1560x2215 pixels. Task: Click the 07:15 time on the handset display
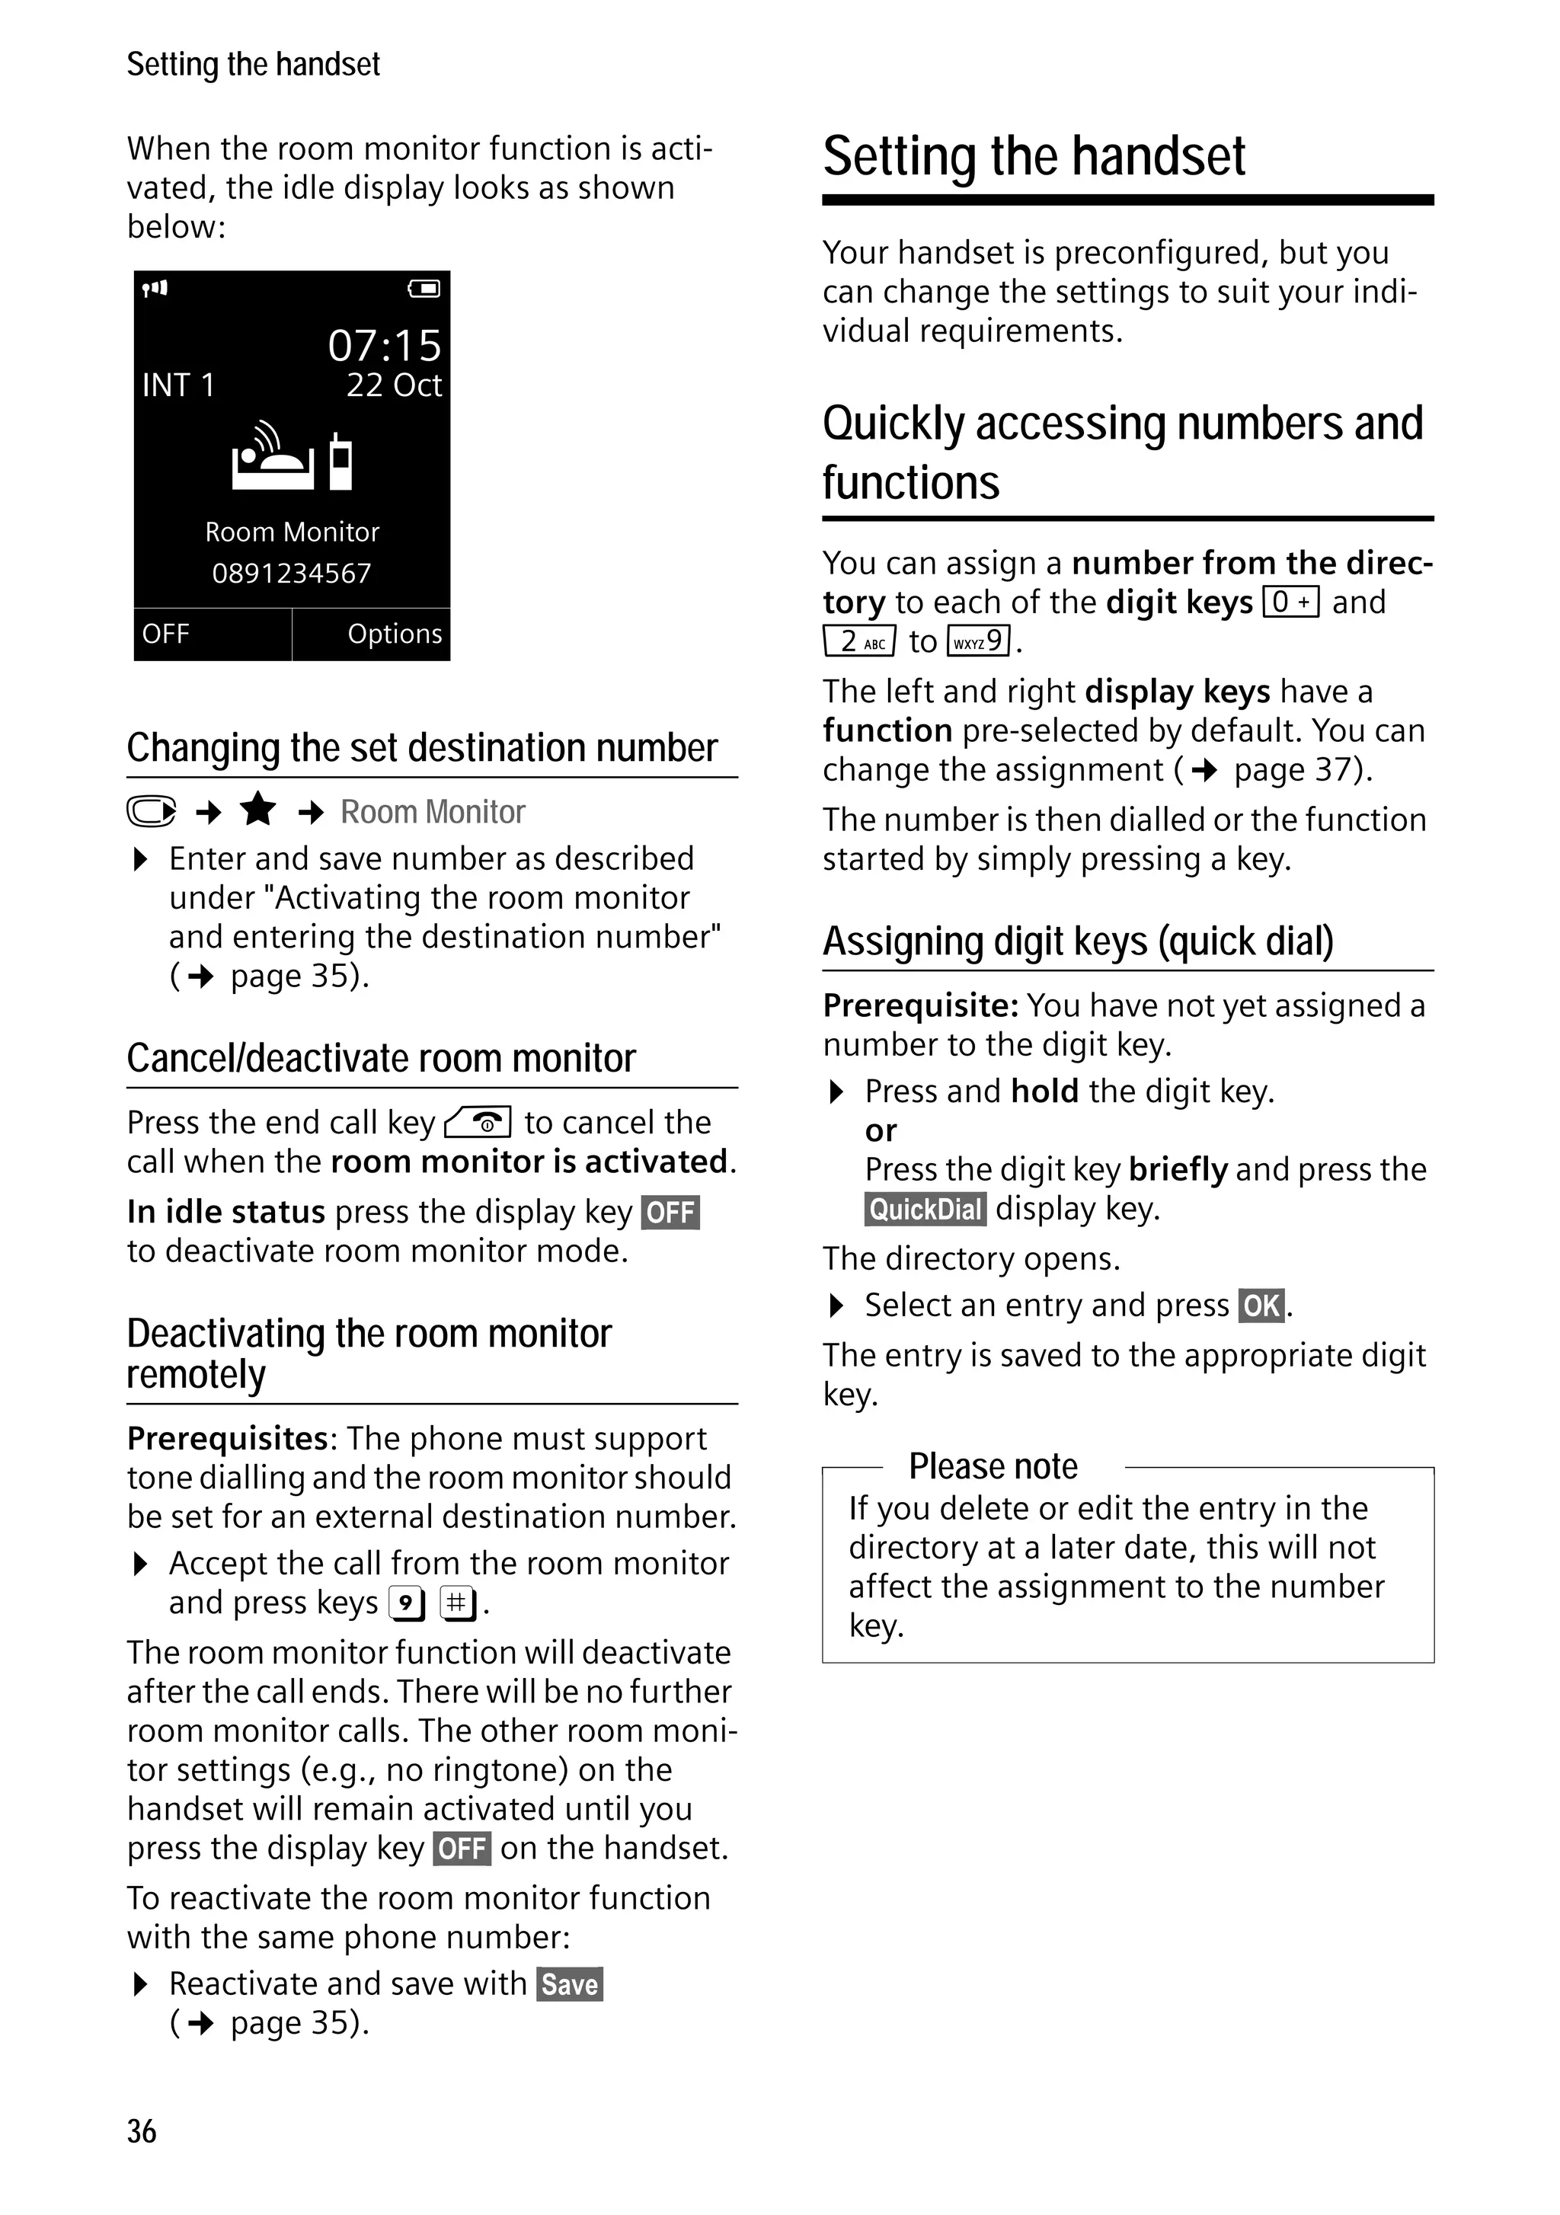384,345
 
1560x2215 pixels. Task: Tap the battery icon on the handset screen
424,289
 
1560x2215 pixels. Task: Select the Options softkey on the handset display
394,634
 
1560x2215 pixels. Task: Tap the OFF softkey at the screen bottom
166,634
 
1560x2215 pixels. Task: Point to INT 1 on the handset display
177,385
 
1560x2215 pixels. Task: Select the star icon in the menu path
257,810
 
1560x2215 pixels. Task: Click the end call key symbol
478,1123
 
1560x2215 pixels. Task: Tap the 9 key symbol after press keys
406,1603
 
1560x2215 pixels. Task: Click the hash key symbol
457,1603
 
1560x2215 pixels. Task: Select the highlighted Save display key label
569,1984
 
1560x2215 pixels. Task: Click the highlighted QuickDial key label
924,1209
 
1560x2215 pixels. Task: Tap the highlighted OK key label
1261,1306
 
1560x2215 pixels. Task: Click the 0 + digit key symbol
1290,602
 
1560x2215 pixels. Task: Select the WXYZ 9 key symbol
980,641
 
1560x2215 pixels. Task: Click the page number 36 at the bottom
141,2131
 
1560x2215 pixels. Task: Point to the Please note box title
993,1466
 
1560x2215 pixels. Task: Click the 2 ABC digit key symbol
859,641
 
